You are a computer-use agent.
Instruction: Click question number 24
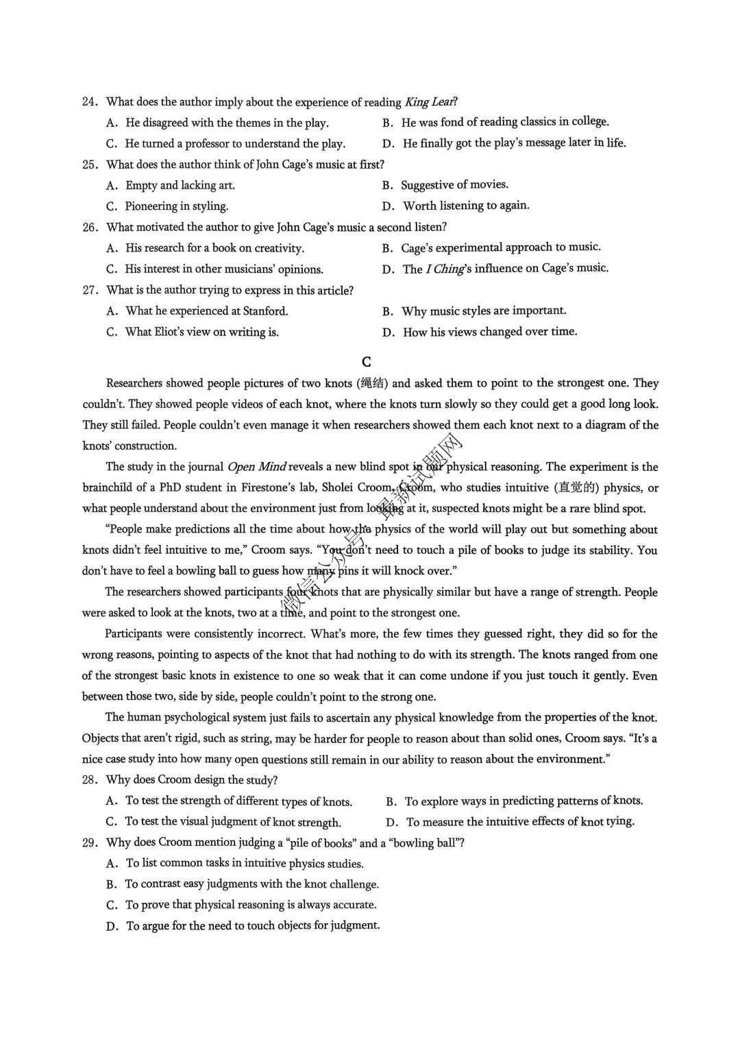[90, 102]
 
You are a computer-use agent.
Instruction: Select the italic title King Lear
[430, 102]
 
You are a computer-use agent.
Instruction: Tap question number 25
[90, 165]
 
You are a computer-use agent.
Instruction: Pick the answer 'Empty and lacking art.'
[180, 185]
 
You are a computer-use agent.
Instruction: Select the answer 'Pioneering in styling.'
[176, 206]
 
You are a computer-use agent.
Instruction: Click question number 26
[90, 228]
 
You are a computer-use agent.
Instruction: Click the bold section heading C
[367, 362]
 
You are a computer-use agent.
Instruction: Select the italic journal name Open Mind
[256, 467]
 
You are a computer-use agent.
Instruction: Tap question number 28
[90, 780]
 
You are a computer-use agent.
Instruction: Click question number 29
[90, 843]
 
